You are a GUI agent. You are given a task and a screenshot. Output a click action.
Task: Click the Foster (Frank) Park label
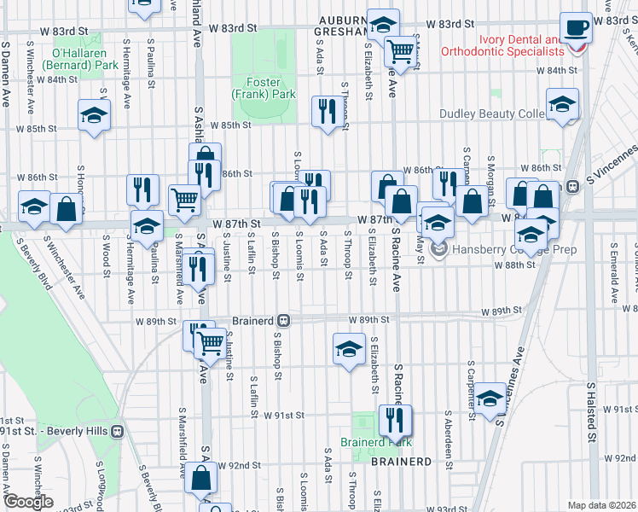click(x=264, y=88)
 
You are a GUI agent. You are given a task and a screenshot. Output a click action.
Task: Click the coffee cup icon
click(x=576, y=27)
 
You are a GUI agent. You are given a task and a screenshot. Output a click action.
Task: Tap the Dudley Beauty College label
click(x=493, y=113)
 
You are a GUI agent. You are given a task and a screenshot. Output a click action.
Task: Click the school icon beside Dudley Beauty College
click(x=561, y=105)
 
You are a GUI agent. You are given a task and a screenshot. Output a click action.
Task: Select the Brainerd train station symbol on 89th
click(x=285, y=321)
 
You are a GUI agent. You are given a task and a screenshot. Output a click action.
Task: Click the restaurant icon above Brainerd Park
click(x=395, y=419)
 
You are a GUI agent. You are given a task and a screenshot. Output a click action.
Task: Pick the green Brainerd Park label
click(x=376, y=442)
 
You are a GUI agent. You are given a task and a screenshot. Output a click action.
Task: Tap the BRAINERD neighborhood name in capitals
click(x=401, y=461)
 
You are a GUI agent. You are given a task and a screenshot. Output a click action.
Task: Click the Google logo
click(x=28, y=502)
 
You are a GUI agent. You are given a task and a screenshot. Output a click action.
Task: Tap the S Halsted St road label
click(x=590, y=413)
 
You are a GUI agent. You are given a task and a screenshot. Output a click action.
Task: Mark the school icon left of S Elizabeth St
click(x=348, y=349)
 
